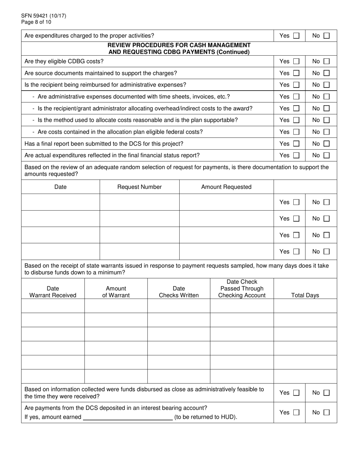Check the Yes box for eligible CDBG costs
[x=296, y=61]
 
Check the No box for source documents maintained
[x=327, y=73]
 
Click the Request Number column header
[x=139, y=187]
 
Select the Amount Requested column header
[x=226, y=187]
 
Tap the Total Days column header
[x=305, y=295]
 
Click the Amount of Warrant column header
[x=116, y=292]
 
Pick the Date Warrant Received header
[x=53, y=292]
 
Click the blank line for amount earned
[x=127, y=417]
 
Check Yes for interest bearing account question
[x=296, y=413]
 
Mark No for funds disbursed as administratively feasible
[x=327, y=393]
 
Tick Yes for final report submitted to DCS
[x=296, y=144]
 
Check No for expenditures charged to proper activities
[x=327, y=36]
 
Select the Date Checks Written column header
[x=179, y=292]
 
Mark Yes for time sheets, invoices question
[x=296, y=97]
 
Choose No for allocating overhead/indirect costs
[x=327, y=109]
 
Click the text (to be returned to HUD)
[x=206, y=417]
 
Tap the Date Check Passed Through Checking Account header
[x=242, y=289]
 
